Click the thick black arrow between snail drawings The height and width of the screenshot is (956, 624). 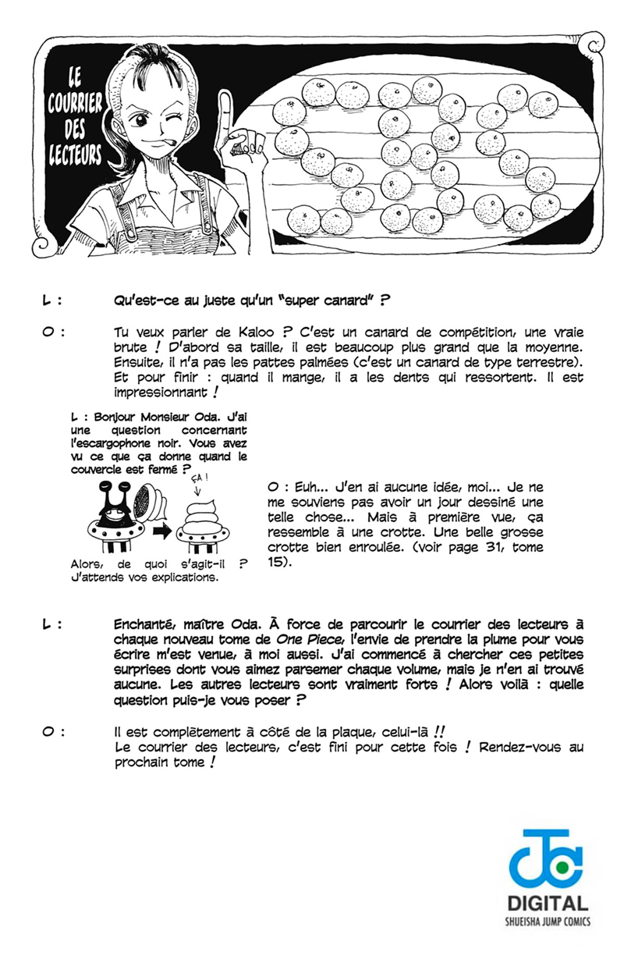161,531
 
